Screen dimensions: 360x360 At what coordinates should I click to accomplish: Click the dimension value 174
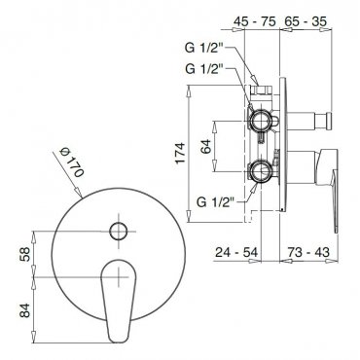click(x=181, y=153)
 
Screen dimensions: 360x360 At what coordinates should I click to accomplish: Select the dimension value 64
click(x=205, y=146)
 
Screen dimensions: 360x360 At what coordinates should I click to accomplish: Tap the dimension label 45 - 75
click(x=255, y=21)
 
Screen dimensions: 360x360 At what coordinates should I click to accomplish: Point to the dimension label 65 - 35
click(x=306, y=21)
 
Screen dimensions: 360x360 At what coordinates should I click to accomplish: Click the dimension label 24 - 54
click(x=236, y=252)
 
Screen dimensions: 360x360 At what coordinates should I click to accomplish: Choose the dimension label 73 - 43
click(x=307, y=252)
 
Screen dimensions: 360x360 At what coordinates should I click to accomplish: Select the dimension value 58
click(x=24, y=254)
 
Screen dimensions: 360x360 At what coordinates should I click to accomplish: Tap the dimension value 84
click(x=24, y=310)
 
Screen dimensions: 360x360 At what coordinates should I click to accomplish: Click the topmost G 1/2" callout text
click(x=204, y=48)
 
